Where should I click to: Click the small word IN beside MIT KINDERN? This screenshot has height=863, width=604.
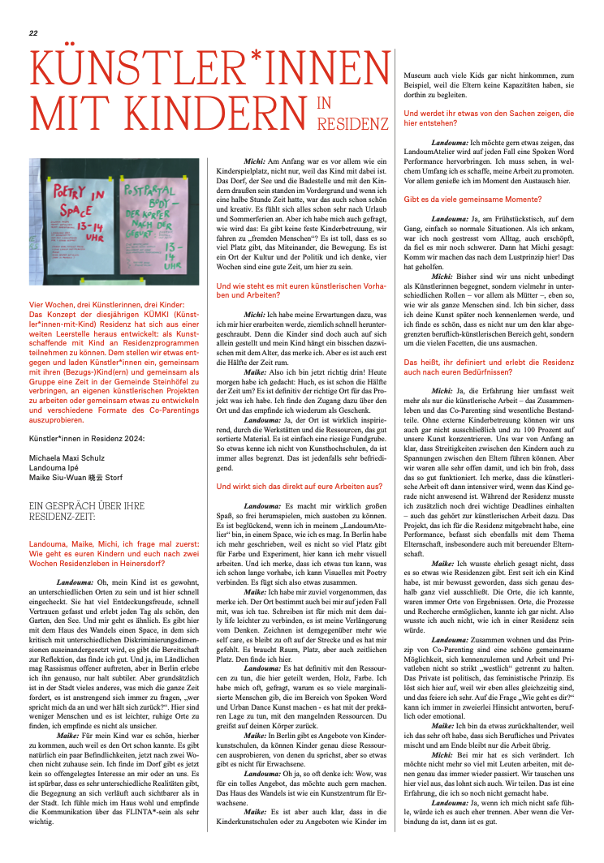[324, 102]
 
